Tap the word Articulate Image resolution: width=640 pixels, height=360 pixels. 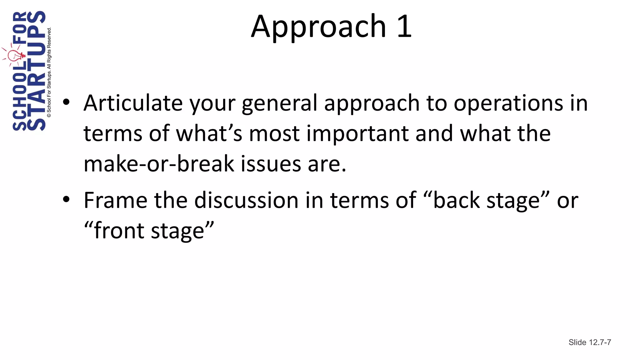(133, 103)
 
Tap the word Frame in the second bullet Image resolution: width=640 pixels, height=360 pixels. (115, 200)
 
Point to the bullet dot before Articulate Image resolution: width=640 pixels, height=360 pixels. (66, 102)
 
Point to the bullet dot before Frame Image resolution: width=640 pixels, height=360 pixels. (66, 199)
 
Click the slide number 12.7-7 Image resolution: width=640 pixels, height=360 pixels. (600, 342)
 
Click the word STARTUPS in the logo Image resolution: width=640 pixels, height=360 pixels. (37, 70)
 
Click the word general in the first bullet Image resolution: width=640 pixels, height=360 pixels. (279, 103)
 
